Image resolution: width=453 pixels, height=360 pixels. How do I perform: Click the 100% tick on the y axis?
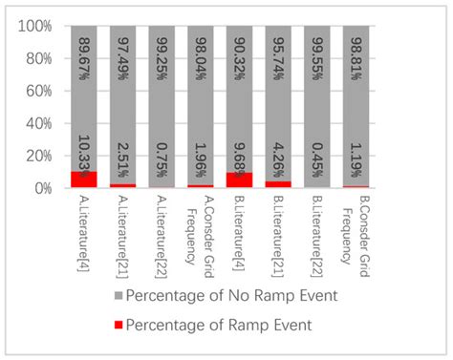point(36,26)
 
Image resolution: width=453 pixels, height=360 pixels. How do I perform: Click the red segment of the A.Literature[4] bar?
point(83,180)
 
